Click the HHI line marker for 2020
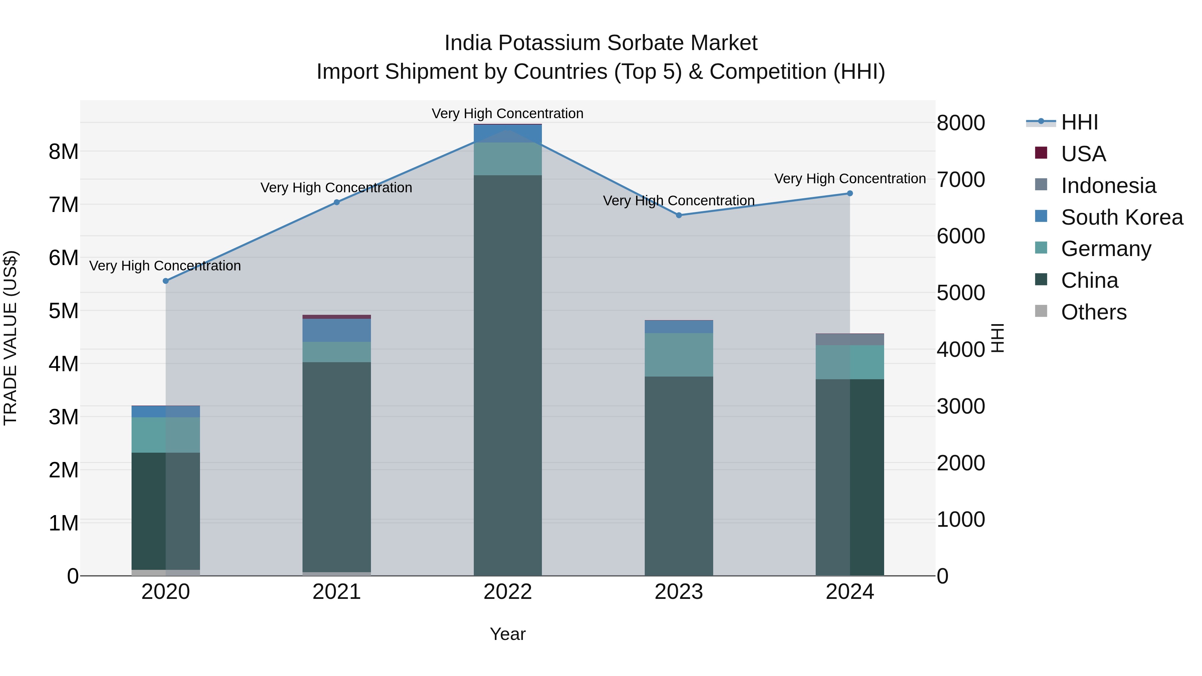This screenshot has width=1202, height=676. pyautogui.click(x=166, y=281)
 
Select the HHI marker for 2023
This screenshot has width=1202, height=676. pyautogui.click(x=679, y=215)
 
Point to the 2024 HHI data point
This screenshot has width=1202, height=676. pyautogui.click(x=850, y=193)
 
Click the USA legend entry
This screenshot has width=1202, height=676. pyautogui.click(x=1083, y=154)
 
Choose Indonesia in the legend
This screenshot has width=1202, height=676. pyautogui.click(x=1108, y=185)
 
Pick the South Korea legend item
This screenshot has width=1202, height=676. pyautogui.click(x=1122, y=217)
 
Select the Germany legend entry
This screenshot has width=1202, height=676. pyautogui.click(x=1106, y=249)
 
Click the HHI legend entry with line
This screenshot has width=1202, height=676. pyautogui.click(x=1079, y=122)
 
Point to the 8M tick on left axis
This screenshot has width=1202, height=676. pyautogui.click(x=63, y=152)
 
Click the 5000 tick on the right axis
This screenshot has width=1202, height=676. pyautogui.click(x=961, y=293)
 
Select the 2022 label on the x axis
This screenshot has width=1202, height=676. pyautogui.click(x=508, y=592)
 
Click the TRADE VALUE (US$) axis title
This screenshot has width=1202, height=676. pyautogui.click(x=11, y=338)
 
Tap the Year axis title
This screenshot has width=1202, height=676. pyautogui.click(x=508, y=634)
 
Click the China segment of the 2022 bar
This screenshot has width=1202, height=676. pyautogui.click(x=508, y=373)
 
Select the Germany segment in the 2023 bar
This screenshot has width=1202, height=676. pyautogui.click(x=679, y=355)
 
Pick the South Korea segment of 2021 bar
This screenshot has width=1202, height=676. pyautogui.click(x=337, y=330)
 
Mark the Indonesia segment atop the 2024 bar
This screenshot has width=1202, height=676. pyautogui.click(x=850, y=340)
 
